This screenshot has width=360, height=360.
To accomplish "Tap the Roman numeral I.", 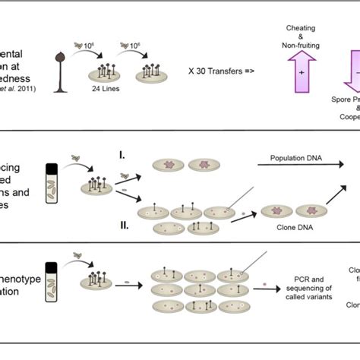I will click(122, 155).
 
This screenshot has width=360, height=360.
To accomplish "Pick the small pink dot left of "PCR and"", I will click(265, 284).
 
